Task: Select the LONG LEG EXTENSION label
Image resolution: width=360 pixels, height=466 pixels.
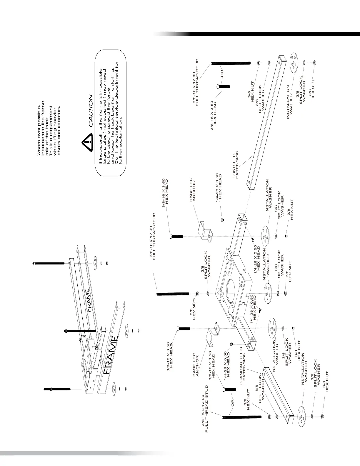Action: pos(236,165)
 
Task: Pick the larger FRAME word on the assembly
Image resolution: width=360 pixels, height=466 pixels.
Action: pos(111,355)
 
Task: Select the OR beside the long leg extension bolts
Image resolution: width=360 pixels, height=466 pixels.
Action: pos(222,73)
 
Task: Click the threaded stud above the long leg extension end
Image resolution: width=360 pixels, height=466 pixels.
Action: pos(231,63)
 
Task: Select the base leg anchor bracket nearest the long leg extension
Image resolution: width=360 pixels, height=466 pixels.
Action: pos(205,231)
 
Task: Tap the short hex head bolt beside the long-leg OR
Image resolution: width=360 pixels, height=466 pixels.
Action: pos(223,86)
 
